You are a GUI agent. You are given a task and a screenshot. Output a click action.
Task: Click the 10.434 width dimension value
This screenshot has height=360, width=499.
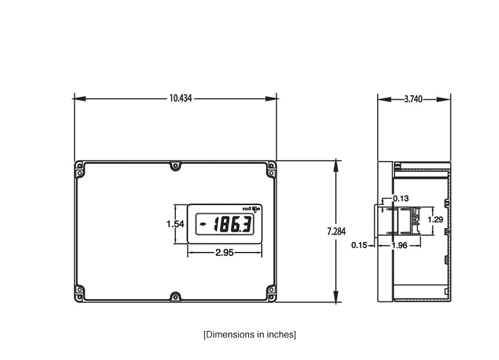180,99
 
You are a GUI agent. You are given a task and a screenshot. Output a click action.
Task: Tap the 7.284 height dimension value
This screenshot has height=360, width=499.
336,232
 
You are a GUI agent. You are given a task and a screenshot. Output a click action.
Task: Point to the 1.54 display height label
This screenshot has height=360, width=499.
175,224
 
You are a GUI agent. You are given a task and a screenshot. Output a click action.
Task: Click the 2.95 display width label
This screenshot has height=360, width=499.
225,253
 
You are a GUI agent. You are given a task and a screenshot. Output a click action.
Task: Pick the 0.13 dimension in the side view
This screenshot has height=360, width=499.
400,199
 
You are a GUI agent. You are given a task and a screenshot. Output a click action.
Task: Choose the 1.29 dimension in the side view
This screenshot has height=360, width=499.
436,219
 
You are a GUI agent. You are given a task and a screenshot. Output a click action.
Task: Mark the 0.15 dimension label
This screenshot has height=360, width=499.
359,245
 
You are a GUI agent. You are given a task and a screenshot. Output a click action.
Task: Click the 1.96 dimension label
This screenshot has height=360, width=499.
399,245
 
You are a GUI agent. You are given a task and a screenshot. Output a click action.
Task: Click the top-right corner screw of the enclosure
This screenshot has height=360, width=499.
271,165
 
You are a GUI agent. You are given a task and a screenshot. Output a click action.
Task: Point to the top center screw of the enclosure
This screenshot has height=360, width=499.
175,166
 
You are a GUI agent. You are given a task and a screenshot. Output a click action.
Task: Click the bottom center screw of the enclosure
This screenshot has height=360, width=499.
175,297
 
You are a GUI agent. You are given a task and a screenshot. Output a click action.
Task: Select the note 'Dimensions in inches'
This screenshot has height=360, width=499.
249,334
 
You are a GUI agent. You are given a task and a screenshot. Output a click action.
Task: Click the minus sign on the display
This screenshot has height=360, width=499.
203,224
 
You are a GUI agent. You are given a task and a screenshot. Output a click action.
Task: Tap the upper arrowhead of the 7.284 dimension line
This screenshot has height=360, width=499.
336,165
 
